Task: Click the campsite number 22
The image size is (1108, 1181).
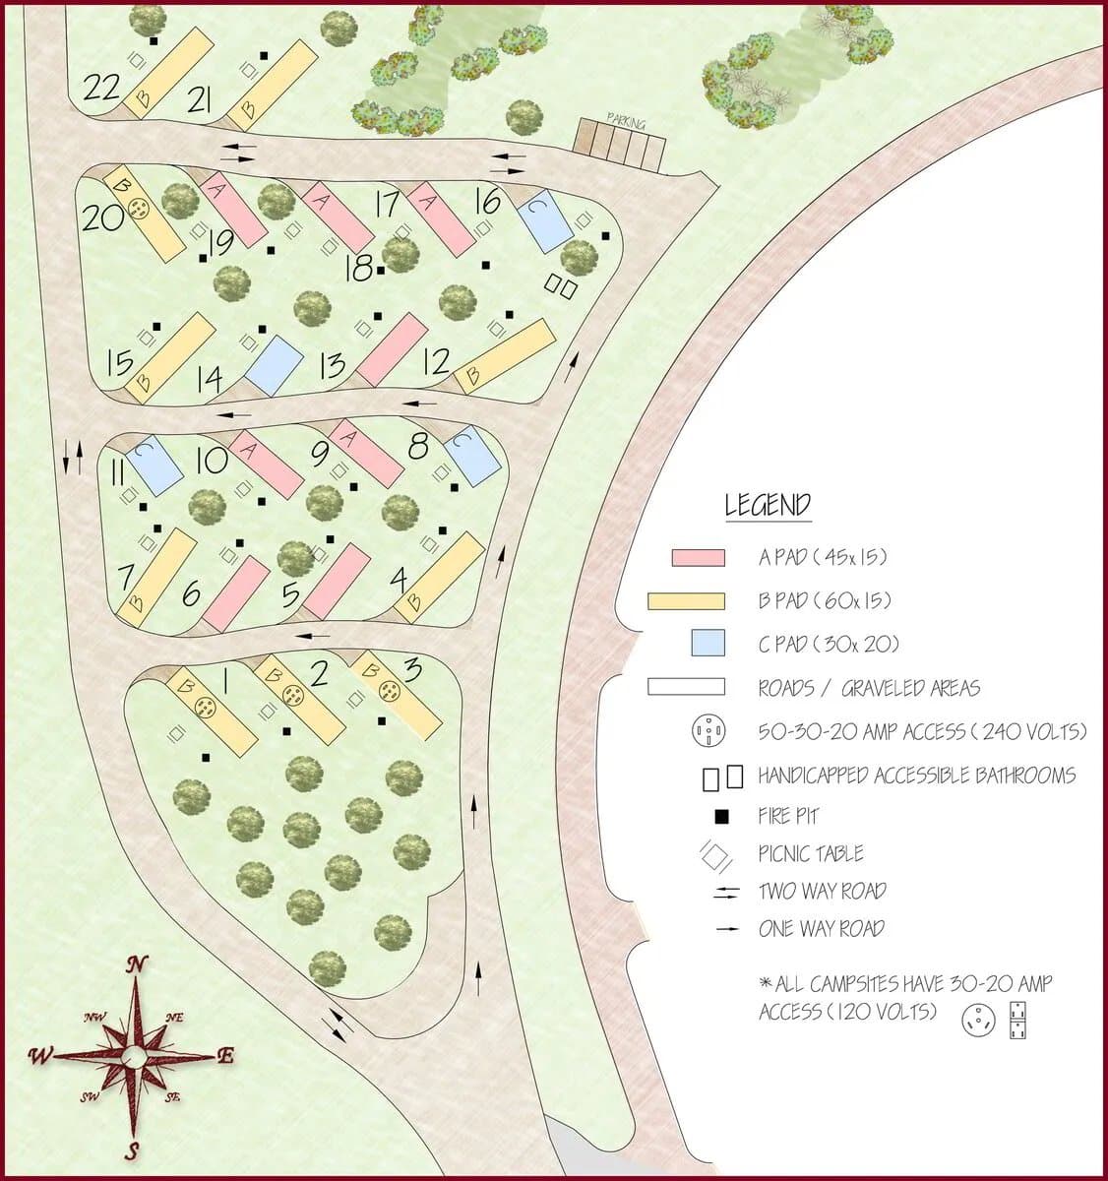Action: click(101, 89)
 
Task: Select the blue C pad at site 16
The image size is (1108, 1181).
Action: click(546, 220)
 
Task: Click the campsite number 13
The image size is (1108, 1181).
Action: click(334, 365)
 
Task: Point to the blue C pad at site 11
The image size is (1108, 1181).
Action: click(154, 465)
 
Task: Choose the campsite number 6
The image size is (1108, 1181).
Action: click(191, 593)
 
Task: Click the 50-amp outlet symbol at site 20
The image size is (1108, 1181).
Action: click(140, 209)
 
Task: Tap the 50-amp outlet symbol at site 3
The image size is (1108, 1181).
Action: click(390, 691)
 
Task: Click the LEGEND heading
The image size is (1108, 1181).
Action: click(768, 505)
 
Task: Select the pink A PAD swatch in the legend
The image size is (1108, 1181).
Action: click(698, 557)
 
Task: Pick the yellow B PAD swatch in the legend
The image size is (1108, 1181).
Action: click(686, 600)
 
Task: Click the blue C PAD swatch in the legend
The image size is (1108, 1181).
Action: click(707, 644)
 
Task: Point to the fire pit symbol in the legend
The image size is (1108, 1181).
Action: click(721, 816)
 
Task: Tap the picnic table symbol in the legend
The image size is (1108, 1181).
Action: click(714, 854)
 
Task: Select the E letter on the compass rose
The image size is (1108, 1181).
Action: click(224, 1056)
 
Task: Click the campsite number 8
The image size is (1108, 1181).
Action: click(418, 447)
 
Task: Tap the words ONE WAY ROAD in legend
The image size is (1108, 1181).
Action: click(821, 929)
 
